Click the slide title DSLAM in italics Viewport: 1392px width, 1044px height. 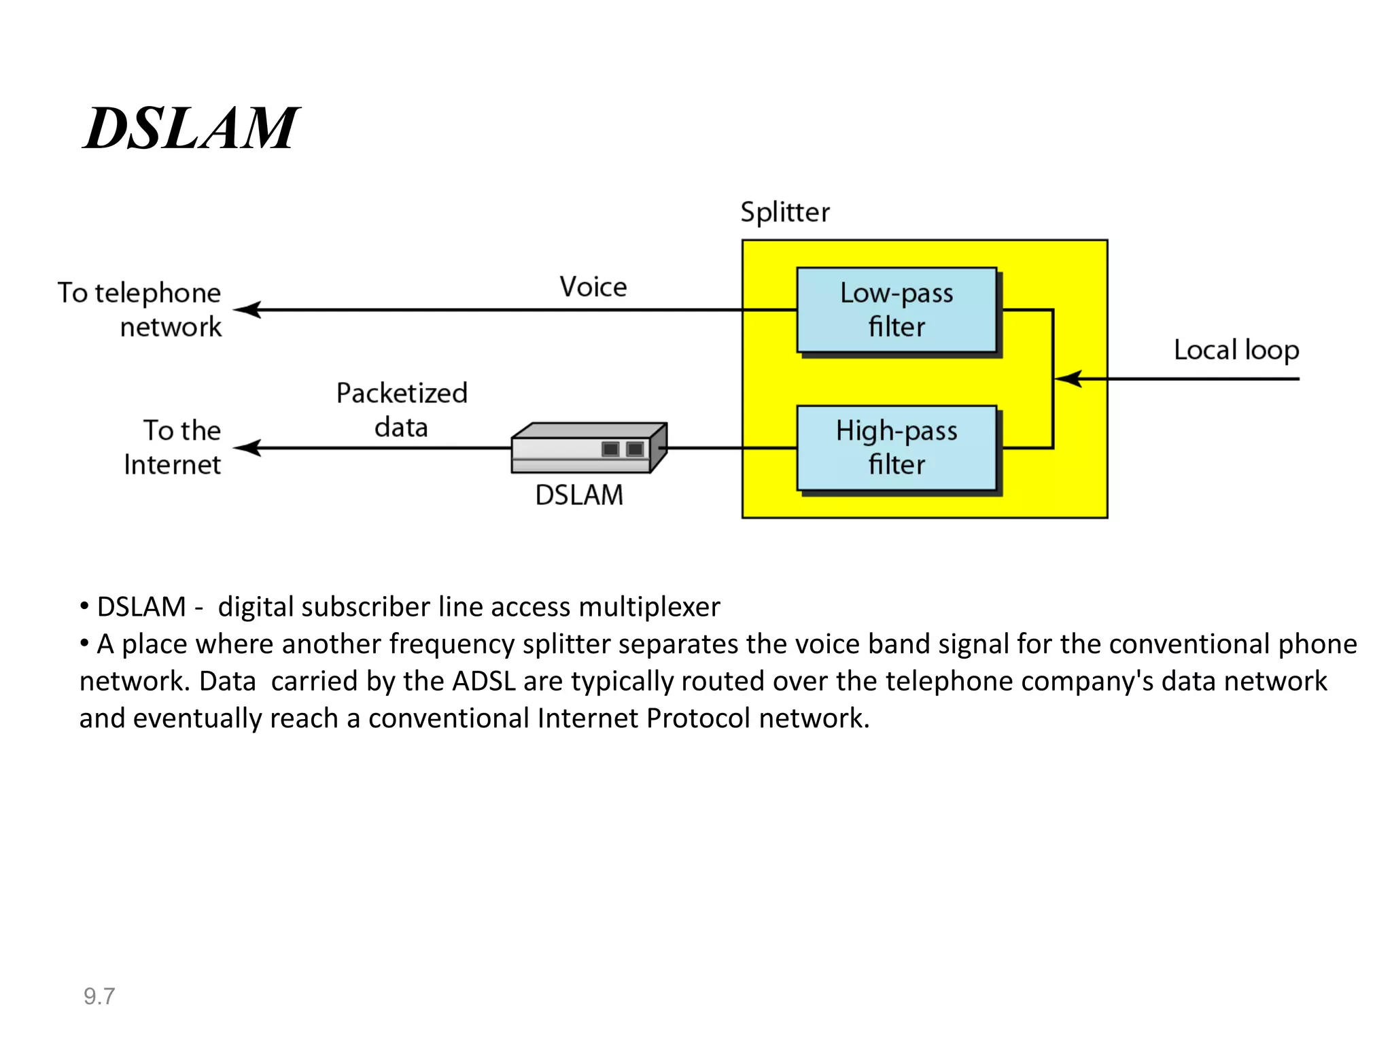(x=190, y=129)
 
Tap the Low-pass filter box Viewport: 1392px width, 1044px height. (x=896, y=310)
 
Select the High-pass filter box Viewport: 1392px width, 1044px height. (x=896, y=448)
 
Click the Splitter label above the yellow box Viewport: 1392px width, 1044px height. (x=784, y=213)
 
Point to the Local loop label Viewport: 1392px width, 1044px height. (x=1236, y=351)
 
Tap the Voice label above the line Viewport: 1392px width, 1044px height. (x=593, y=287)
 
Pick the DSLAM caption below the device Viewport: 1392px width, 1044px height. (x=578, y=495)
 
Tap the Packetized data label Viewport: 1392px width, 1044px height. (x=402, y=410)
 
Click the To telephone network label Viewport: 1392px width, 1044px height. (x=140, y=310)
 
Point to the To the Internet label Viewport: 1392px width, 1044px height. (x=174, y=447)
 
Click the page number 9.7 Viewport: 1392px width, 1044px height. (x=99, y=996)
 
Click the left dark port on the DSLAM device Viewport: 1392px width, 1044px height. (x=610, y=449)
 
